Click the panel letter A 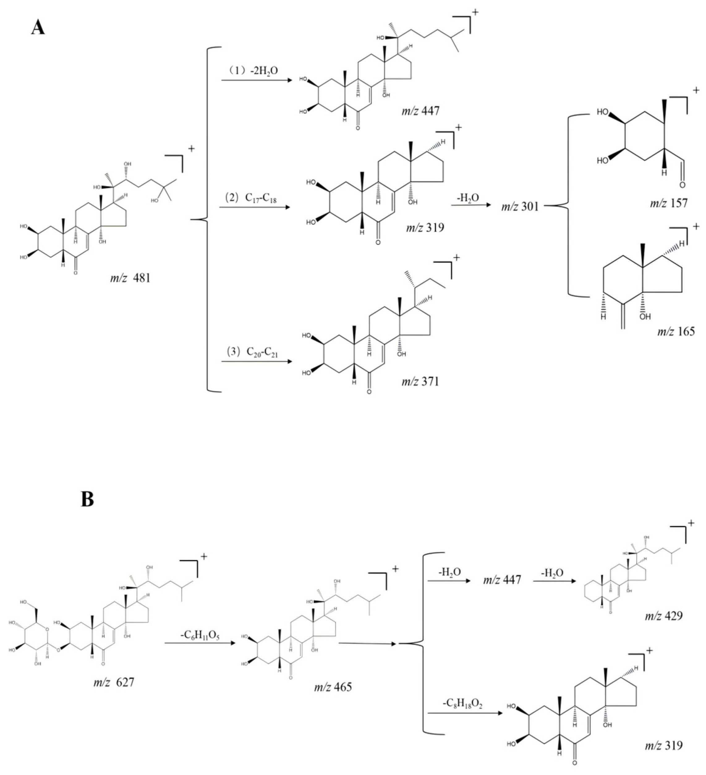[38, 28]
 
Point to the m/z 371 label [420, 382]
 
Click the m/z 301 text [520, 207]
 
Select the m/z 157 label [669, 203]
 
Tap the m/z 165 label [676, 331]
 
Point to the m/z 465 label [333, 687]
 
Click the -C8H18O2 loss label [462, 704]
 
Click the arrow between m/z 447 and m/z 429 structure [554, 581]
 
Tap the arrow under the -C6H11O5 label [200, 643]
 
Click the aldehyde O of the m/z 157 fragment [682, 186]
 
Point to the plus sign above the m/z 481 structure [191, 148]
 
